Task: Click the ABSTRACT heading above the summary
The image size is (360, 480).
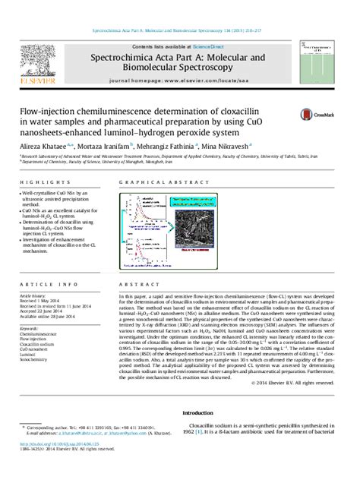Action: click(x=128, y=294)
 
